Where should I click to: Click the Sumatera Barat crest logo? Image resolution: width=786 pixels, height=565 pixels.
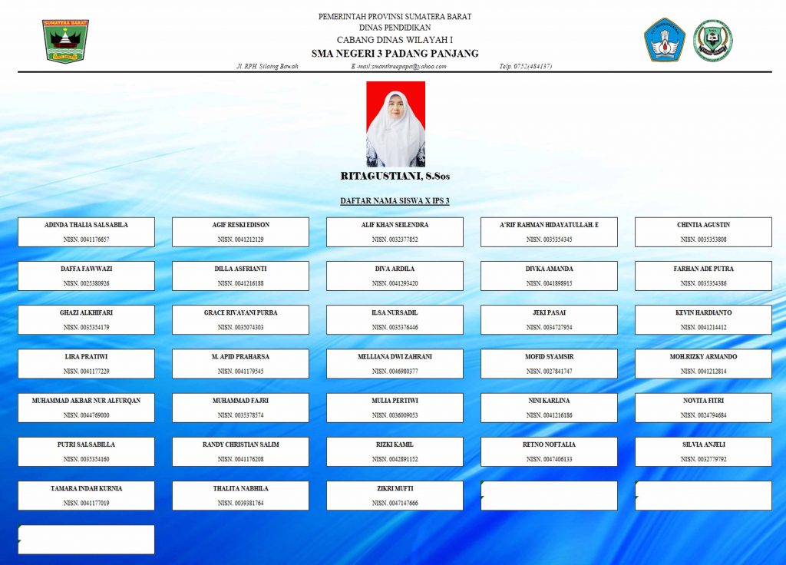click(65, 41)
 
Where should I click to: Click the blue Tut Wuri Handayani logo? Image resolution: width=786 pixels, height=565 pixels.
click(664, 40)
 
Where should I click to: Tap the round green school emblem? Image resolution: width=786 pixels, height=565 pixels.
click(712, 41)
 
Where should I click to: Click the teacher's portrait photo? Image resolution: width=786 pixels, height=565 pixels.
click(395, 124)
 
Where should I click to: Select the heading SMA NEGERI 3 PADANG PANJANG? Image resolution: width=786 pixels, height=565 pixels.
click(395, 54)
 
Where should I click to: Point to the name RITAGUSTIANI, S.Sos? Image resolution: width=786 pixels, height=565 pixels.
click(395, 177)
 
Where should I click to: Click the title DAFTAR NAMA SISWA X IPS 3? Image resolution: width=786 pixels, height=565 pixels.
click(395, 201)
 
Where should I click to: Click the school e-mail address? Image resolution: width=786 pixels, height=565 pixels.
click(398, 67)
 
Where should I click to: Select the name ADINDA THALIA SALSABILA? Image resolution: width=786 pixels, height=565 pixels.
click(86, 225)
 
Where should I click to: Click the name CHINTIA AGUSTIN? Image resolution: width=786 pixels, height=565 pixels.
click(703, 225)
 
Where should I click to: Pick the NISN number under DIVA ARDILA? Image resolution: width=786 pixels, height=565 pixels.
click(395, 283)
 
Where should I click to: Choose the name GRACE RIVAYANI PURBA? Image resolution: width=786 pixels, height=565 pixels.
click(240, 313)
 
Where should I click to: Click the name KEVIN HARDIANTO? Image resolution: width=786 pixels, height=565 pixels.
click(703, 313)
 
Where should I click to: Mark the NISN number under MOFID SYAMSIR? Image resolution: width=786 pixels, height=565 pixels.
click(549, 372)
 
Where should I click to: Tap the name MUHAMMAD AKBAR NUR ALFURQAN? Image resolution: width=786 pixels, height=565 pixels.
click(86, 401)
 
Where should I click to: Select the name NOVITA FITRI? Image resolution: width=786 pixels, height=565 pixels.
click(703, 401)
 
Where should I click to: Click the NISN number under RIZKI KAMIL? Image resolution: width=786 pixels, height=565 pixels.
click(395, 459)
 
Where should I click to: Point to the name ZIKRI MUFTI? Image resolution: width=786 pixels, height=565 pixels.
click(395, 488)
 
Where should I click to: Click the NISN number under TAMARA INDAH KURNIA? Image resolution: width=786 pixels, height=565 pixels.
click(86, 504)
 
